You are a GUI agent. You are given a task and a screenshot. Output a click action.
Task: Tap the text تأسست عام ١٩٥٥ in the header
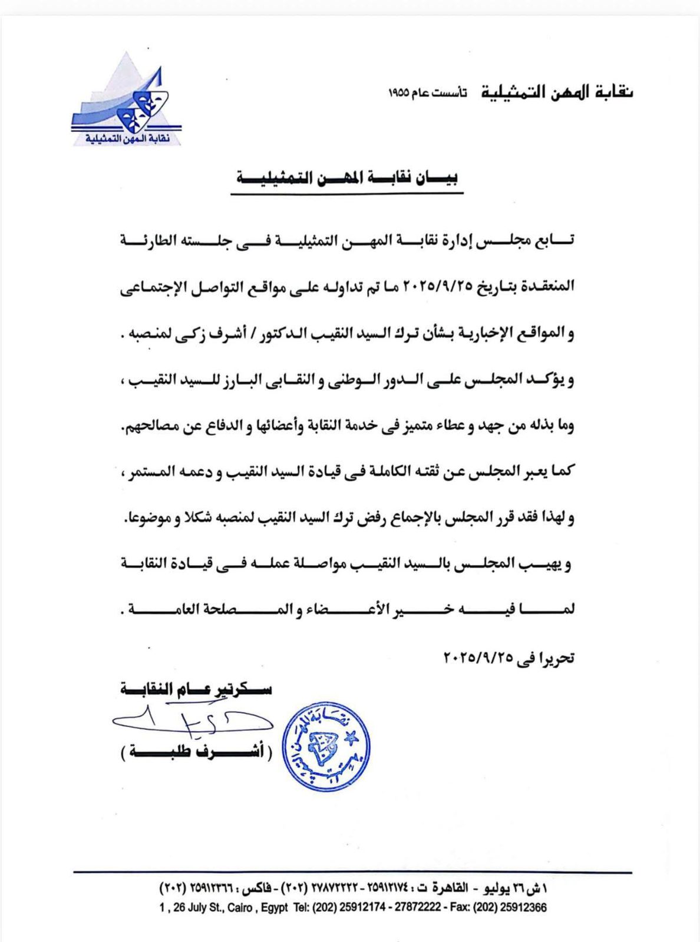tap(427, 94)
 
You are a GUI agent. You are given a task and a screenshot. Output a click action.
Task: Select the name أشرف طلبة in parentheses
tap(197, 752)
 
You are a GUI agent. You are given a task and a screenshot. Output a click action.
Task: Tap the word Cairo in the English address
tap(240, 907)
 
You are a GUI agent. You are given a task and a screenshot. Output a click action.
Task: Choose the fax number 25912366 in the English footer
tap(523, 907)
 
